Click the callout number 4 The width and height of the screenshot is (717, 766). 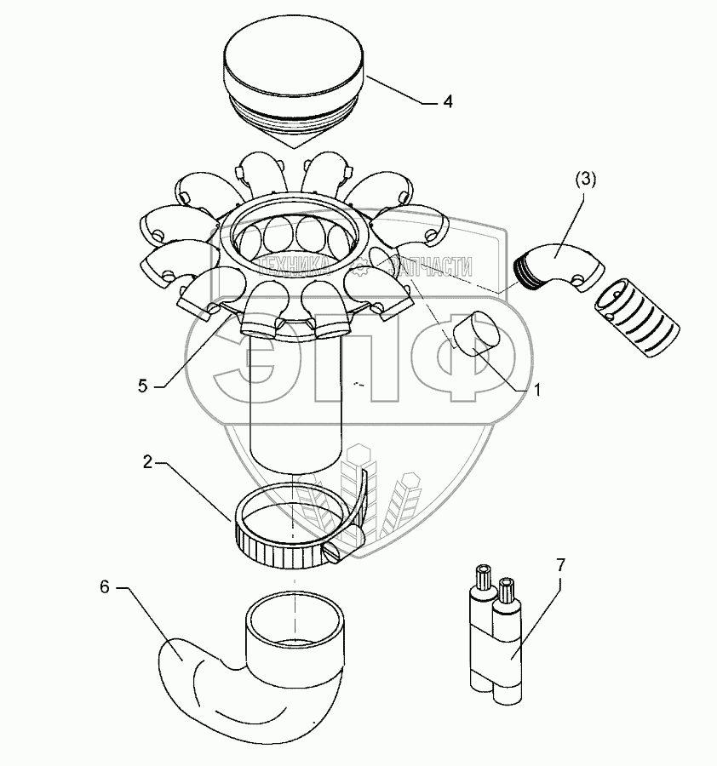tap(447, 101)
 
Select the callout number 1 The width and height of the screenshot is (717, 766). tap(536, 391)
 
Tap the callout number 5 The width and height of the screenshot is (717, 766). tap(143, 386)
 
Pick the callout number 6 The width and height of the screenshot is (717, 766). tap(104, 587)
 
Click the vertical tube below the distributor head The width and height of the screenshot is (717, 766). tap(295, 417)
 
